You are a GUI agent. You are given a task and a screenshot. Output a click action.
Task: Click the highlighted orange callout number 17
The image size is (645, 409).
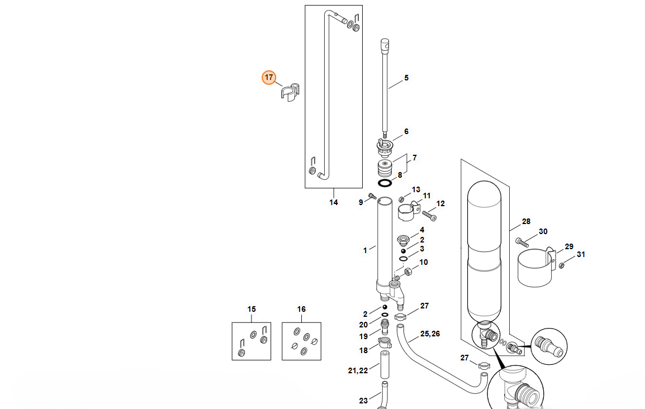(269, 77)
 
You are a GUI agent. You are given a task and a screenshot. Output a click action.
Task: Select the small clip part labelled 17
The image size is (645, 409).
(290, 92)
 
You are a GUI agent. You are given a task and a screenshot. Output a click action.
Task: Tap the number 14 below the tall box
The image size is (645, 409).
(333, 202)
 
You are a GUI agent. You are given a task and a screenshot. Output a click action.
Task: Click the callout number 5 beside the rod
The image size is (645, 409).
(406, 78)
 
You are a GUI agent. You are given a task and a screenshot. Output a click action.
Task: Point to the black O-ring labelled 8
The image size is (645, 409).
(385, 183)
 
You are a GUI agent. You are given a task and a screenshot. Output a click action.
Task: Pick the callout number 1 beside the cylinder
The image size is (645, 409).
(365, 250)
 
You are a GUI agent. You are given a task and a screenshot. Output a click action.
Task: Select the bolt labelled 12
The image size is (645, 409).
(429, 215)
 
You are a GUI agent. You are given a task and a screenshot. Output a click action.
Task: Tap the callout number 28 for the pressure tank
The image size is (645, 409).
(526, 222)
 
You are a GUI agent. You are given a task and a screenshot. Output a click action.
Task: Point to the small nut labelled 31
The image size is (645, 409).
(562, 265)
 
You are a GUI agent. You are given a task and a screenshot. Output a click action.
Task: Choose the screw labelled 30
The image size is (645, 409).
(522, 242)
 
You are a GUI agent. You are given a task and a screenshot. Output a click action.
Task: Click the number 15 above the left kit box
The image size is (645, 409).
(252, 309)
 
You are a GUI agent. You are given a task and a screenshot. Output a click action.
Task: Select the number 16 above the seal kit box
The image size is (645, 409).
(301, 309)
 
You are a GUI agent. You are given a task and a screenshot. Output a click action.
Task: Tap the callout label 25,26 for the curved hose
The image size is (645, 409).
(430, 334)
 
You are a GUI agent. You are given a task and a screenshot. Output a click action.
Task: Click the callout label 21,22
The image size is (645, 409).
(358, 370)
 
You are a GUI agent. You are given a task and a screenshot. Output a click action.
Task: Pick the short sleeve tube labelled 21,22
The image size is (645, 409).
(385, 365)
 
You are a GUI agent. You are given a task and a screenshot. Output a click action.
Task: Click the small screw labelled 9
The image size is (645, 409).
(373, 196)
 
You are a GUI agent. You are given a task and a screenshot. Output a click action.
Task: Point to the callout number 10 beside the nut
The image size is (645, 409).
(423, 262)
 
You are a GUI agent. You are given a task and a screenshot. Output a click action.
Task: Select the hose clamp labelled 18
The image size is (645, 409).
(385, 343)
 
